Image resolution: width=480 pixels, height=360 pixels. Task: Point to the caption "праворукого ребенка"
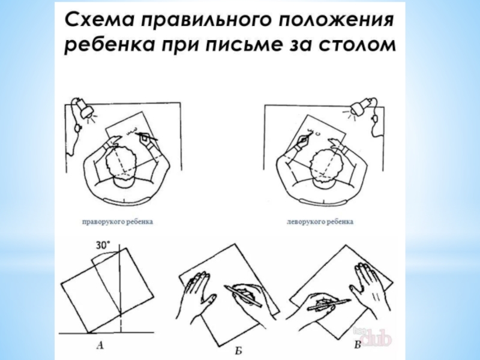(x=118, y=221)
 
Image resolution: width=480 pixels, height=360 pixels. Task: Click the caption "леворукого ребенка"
(x=320, y=221)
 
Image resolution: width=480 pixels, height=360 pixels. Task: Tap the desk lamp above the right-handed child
(x=83, y=109)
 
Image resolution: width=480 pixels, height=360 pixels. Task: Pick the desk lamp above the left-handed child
(x=361, y=107)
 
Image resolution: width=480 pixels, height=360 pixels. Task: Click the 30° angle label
(x=103, y=245)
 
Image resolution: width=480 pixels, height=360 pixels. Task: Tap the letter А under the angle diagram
(x=100, y=346)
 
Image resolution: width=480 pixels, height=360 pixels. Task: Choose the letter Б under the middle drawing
(x=238, y=350)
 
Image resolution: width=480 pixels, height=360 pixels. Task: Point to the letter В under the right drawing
(x=357, y=346)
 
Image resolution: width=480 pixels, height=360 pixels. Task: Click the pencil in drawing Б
(x=244, y=296)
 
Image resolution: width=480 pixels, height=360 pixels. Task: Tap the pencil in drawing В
(x=329, y=305)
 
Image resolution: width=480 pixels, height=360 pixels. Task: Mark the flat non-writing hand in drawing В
(x=370, y=288)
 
